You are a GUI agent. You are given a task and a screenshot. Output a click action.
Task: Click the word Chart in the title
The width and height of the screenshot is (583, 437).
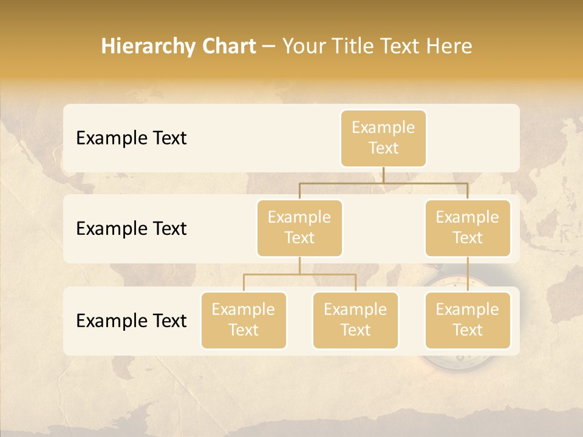click(226, 46)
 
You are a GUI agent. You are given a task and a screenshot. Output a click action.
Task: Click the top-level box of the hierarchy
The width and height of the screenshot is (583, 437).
click(383, 138)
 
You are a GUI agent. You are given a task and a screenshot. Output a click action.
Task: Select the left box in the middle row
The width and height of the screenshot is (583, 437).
click(299, 228)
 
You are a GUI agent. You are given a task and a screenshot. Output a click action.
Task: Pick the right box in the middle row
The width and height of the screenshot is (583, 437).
click(468, 228)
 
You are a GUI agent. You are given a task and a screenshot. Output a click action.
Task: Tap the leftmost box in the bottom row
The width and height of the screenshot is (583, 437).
click(244, 320)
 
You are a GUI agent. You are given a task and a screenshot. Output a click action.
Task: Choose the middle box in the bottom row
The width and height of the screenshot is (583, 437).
click(355, 320)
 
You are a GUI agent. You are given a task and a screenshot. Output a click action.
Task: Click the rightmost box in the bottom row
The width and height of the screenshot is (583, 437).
click(468, 320)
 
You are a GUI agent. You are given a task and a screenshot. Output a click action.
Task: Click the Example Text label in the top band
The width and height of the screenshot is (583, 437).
click(131, 138)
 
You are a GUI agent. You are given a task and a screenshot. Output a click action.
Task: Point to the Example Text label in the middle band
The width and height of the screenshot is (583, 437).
click(131, 229)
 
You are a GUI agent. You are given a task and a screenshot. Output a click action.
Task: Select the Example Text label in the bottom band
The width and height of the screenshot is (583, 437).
click(131, 320)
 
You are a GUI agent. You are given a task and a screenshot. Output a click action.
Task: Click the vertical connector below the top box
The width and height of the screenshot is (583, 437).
click(383, 175)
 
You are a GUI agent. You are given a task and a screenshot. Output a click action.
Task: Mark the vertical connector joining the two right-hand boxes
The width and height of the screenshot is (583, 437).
click(468, 274)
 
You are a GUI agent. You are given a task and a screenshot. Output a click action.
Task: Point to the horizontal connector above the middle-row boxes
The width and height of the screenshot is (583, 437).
click(383, 183)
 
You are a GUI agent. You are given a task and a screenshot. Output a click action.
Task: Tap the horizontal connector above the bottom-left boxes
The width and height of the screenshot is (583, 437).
click(299, 274)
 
